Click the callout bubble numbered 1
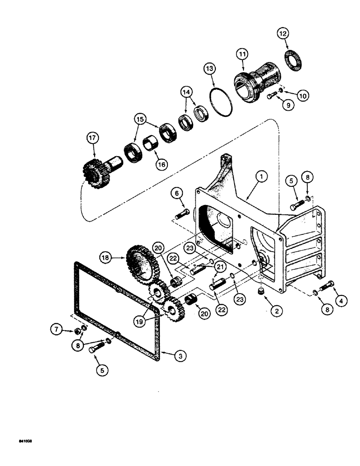(262, 177)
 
